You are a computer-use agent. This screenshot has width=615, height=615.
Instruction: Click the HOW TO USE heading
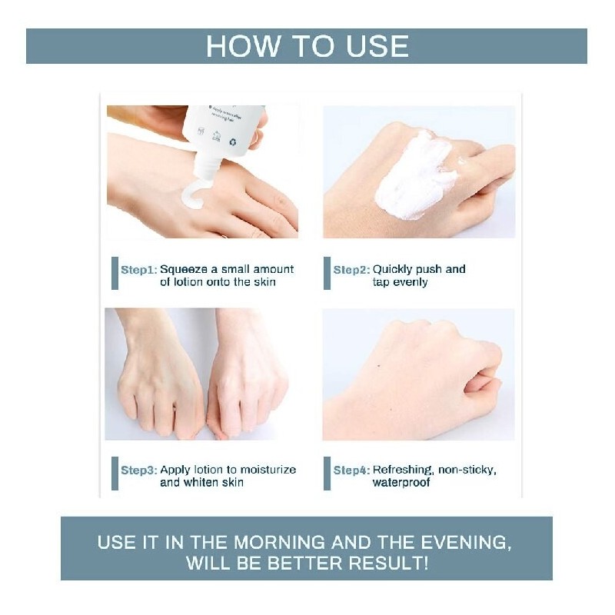pyautogui.click(x=307, y=46)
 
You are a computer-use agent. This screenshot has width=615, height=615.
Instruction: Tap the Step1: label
pyautogui.click(x=139, y=270)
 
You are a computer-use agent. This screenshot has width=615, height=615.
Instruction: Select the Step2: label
pyautogui.click(x=351, y=270)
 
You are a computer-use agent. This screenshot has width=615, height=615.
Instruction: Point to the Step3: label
pyautogui.click(x=139, y=470)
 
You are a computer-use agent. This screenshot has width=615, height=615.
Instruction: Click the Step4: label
pyautogui.click(x=351, y=470)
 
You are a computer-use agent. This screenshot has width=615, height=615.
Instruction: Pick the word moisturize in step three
pyautogui.click(x=268, y=470)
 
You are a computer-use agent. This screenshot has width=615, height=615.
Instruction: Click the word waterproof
pyautogui.click(x=401, y=483)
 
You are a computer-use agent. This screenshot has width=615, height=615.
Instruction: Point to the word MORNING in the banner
pyautogui.click(x=279, y=543)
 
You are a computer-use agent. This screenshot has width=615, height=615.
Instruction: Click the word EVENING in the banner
pyautogui.click(x=466, y=543)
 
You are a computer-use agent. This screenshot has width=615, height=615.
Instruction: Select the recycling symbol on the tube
pyautogui.click(x=233, y=141)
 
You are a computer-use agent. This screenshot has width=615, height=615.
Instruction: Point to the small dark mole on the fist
pyautogui.click(x=378, y=367)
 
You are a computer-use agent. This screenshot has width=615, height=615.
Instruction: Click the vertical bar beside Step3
pyautogui.click(x=115, y=474)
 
